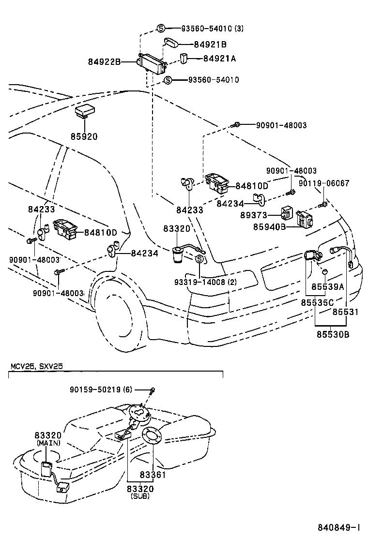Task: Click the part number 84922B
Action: click(104, 62)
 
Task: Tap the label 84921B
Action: click(210, 45)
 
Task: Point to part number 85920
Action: click(83, 137)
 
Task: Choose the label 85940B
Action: click(269, 226)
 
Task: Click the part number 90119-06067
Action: click(323, 183)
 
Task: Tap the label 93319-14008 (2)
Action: click(206, 283)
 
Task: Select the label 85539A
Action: click(327, 287)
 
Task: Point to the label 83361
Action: click(153, 475)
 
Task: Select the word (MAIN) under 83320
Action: click(47, 443)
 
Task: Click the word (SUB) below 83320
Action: click(140, 496)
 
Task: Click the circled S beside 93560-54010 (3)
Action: click(162, 29)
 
